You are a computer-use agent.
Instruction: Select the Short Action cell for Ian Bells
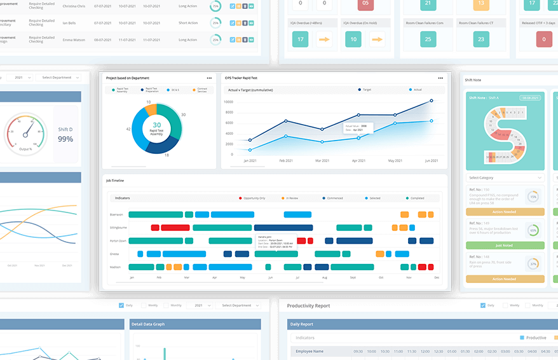point(187,22)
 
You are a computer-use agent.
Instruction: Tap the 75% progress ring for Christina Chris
point(216,6)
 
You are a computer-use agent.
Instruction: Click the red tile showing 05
point(365,3)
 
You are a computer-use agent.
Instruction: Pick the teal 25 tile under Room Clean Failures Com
point(427,39)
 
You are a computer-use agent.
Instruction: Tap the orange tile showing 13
point(480,3)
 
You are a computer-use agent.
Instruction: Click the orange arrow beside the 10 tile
point(378,39)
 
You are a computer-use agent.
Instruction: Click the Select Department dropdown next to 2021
point(58,78)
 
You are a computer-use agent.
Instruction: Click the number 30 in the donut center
point(156,125)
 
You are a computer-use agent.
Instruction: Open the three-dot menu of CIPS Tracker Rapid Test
point(440,78)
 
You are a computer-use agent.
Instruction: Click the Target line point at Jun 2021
point(432,100)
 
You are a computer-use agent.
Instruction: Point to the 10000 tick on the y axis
point(230,101)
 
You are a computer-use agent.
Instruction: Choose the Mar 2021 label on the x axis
point(322,161)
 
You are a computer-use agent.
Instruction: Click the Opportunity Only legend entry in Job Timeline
point(254,198)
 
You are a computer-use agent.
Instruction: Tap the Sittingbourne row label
point(118,227)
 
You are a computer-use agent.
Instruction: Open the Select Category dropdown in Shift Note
point(505,177)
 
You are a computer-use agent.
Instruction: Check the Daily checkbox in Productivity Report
point(482,305)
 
